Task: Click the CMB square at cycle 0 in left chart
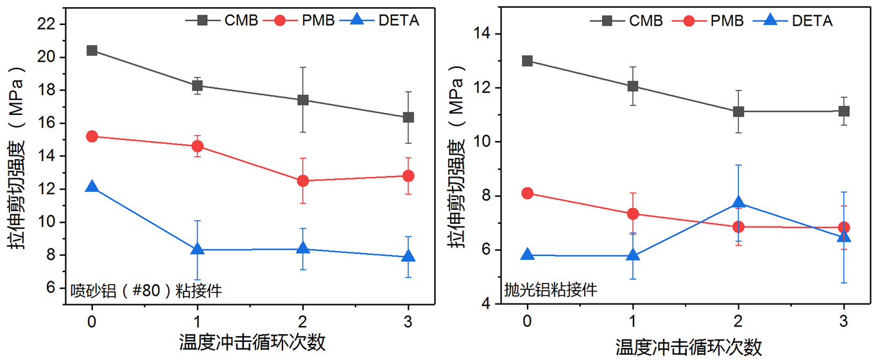click(x=92, y=50)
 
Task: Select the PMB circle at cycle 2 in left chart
click(x=302, y=181)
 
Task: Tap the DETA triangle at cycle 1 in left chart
click(x=197, y=249)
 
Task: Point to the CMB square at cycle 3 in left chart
click(x=408, y=117)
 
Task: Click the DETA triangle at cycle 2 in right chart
click(x=738, y=203)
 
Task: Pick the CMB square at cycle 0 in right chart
click(x=527, y=61)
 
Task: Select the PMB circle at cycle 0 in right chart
click(x=527, y=193)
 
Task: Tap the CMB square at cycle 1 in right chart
click(x=633, y=86)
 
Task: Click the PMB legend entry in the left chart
click(x=305, y=21)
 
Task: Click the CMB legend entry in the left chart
click(x=222, y=21)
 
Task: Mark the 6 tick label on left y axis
click(x=56, y=288)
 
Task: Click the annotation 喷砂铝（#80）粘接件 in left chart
click(x=146, y=291)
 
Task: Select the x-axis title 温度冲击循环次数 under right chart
click(x=689, y=348)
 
